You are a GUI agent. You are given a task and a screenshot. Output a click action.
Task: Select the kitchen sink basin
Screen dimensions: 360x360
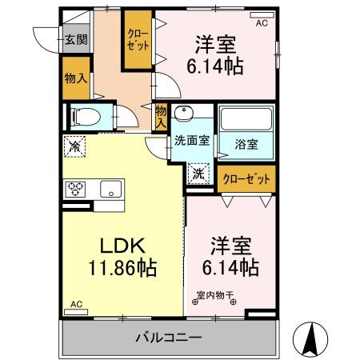[x=110, y=190]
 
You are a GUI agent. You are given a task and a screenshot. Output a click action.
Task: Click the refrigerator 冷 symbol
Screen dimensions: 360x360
[x=74, y=146]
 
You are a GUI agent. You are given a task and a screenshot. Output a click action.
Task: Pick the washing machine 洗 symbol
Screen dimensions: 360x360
[x=197, y=171]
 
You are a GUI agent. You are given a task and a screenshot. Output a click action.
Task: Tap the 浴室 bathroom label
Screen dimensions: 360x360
[x=246, y=144]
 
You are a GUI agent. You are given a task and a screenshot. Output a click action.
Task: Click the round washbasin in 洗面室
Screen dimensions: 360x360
[x=184, y=113]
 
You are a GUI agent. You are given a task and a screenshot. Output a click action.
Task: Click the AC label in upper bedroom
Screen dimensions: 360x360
[x=262, y=24]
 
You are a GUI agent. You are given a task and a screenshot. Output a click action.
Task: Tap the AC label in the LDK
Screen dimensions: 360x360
[x=77, y=304]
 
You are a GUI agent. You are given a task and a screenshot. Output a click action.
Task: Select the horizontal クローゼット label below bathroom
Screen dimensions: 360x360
[x=246, y=178]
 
